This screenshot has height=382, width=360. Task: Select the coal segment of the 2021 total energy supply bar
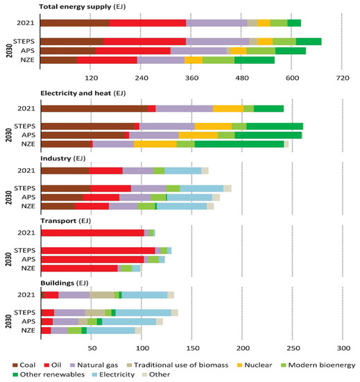[x=75, y=23]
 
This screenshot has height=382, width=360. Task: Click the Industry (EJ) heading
[x=67, y=158]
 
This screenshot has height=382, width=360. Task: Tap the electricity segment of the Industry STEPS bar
[x=202, y=188]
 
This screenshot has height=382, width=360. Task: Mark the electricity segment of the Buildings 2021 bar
[x=145, y=294]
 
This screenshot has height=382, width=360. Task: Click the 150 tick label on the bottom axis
[x=192, y=347]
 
